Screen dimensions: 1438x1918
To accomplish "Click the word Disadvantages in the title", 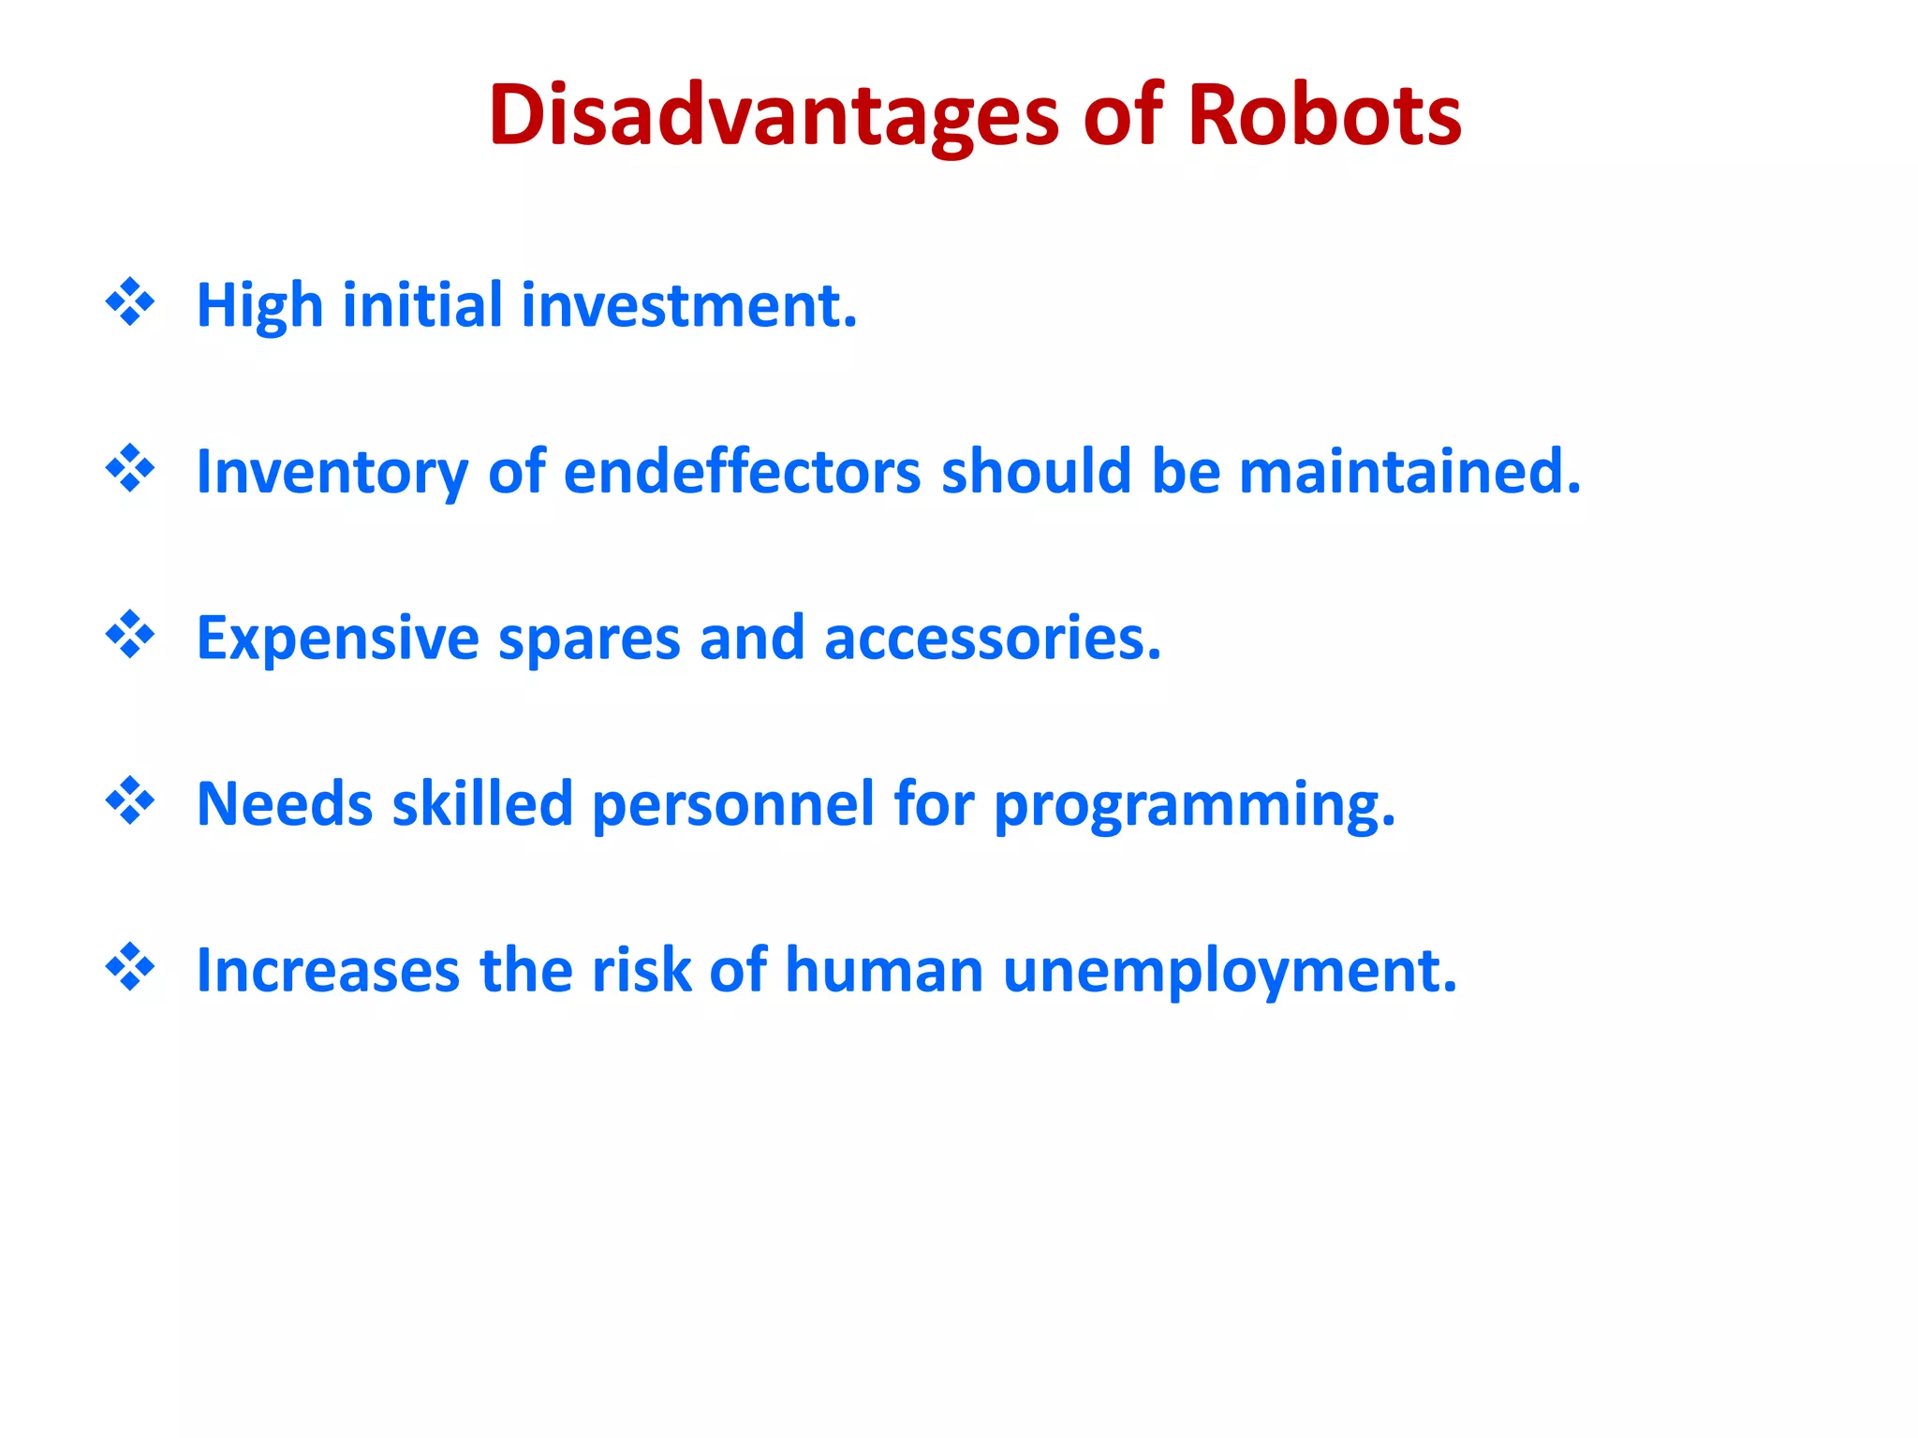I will [x=774, y=116].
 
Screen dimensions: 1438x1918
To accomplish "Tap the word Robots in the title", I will [x=1324, y=116].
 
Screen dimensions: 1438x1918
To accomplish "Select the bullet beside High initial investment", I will [x=130, y=302].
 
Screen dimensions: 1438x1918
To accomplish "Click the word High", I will [x=259, y=306].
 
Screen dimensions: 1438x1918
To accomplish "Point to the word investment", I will [x=689, y=306].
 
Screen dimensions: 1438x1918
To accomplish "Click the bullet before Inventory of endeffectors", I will [x=130, y=468].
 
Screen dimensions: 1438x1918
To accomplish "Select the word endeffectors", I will [x=742, y=472].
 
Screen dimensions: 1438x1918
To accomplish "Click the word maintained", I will [x=1409, y=472].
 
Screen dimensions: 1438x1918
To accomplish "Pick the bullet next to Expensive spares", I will [x=130, y=635].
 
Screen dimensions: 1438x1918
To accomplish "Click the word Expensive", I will [x=338, y=638].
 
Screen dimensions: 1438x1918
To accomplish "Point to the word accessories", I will [x=993, y=638].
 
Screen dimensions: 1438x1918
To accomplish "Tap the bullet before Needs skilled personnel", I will [x=130, y=800].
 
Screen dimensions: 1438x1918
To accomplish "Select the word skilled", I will [x=482, y=804].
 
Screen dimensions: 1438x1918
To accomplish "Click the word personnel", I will [x=733, y=804].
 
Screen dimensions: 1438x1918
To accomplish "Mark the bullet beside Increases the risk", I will [x=130, y=967].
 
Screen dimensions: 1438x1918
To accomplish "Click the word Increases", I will [x=328, y=971].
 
